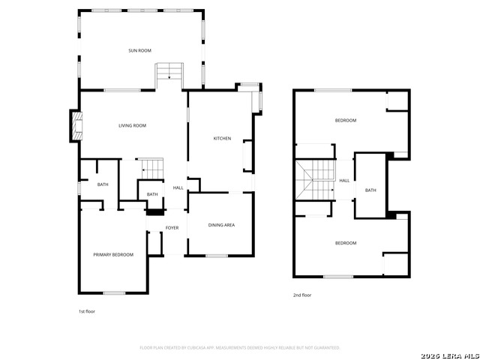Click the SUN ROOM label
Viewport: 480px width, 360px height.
point(139,50)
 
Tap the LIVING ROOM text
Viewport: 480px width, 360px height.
point(132,125)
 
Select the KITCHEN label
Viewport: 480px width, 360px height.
point(222,139)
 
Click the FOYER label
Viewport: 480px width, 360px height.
point(172,228)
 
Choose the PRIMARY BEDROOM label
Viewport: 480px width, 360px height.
point(113,255)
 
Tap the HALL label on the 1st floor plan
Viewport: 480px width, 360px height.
point(178,187)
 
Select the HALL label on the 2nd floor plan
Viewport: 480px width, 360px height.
point(344,181)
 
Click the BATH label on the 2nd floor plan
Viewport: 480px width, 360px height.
point(370,190)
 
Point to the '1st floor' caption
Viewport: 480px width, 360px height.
point(87,311)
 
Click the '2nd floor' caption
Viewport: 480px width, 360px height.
point(302,295)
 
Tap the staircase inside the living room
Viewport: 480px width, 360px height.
point(153,169)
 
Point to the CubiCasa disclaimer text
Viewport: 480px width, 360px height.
point(240,348)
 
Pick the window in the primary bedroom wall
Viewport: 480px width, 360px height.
point(114,292)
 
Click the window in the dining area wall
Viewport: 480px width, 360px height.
point(217,256)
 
